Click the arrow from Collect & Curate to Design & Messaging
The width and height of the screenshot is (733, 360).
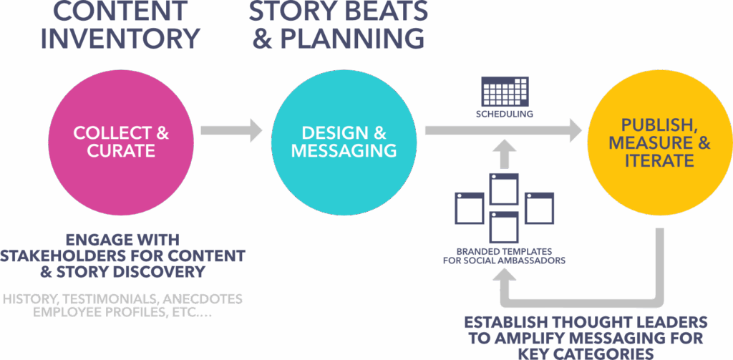(x=231, y=130)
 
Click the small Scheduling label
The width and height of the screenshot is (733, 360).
(x=505, y=115)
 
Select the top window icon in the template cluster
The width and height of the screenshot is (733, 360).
(x=504, y=188)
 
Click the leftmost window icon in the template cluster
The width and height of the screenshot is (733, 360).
(x=470, y=208)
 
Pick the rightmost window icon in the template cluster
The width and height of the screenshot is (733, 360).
(x=539, y=208)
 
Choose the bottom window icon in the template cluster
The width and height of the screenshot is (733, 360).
(x=504, y=226)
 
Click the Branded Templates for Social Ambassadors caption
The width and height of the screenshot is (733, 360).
(x=504, y=256)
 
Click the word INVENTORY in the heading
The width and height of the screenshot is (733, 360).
(x=120, y=38)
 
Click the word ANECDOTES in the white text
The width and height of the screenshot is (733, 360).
(x=203, y=298)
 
